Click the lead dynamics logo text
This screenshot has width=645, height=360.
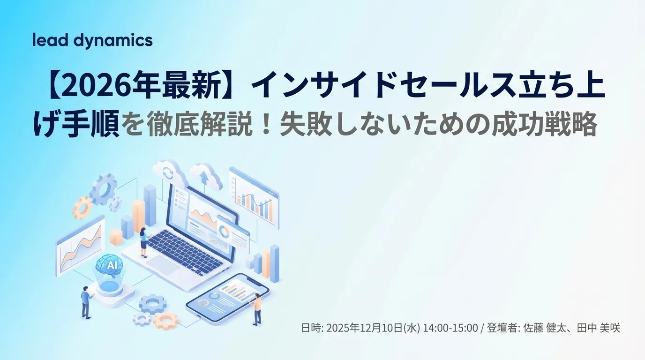92,41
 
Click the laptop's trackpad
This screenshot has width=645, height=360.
165,263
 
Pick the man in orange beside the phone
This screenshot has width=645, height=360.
257,309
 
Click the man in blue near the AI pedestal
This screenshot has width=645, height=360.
85,302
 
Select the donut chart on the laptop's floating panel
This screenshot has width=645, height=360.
224,231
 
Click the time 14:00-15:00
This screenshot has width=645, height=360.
450,328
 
